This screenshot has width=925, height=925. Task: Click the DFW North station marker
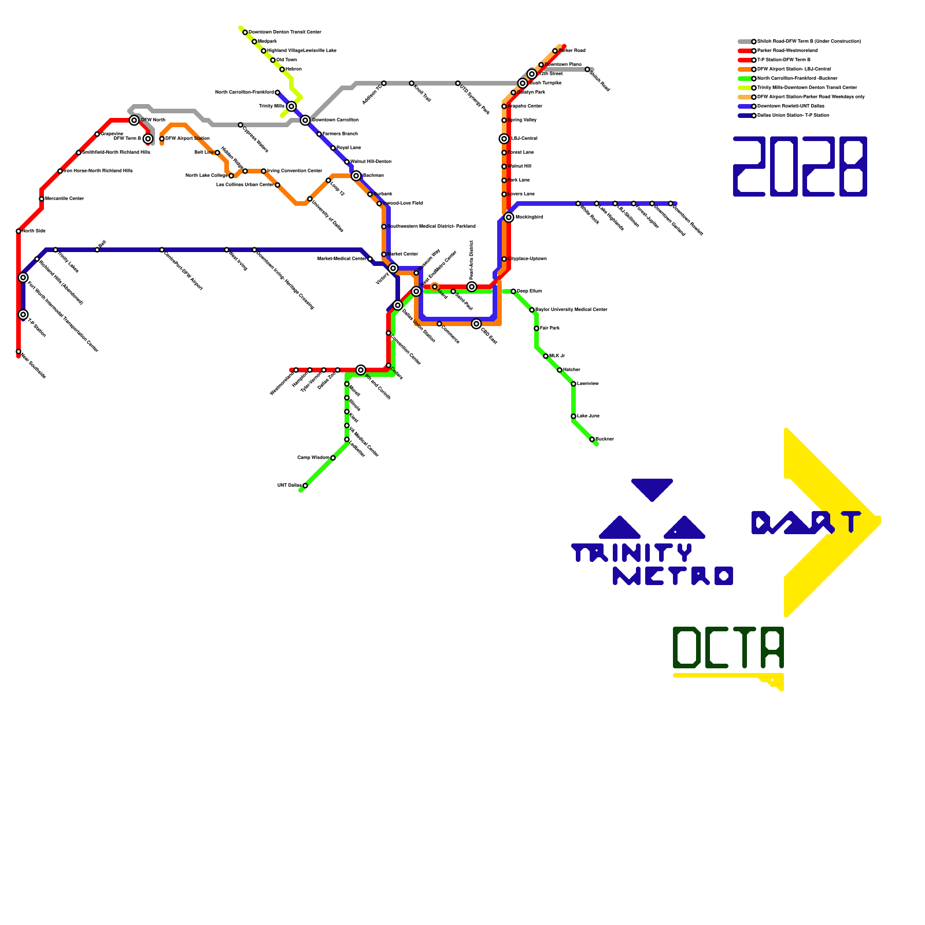(134, 120)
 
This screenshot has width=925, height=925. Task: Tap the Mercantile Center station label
(64, 199)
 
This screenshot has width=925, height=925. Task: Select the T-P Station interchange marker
(23, 314)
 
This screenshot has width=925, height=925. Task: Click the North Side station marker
(18, 231)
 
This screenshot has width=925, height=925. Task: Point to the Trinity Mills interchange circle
(291, 106)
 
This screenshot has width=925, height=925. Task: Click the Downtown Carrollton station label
(335, 120)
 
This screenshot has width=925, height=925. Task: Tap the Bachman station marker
(356, 176)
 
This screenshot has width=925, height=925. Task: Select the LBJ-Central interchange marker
(504, 139)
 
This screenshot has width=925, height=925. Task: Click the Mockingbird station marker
(509, 217)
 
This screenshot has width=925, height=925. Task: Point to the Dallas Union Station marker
(398, 305)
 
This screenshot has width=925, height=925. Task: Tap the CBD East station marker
(476, 324)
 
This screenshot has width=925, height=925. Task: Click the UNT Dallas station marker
(305, 486)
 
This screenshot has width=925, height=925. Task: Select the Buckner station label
(604, 439)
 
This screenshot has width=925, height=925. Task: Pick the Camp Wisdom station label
(313, 458)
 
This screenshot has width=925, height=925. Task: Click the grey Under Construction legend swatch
(745, 42)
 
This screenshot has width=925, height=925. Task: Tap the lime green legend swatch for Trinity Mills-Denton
(745, 88)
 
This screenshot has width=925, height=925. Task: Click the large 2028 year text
(800, 166)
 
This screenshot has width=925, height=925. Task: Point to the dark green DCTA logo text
(728, 647)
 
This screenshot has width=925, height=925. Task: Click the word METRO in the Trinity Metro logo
(673, 576)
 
